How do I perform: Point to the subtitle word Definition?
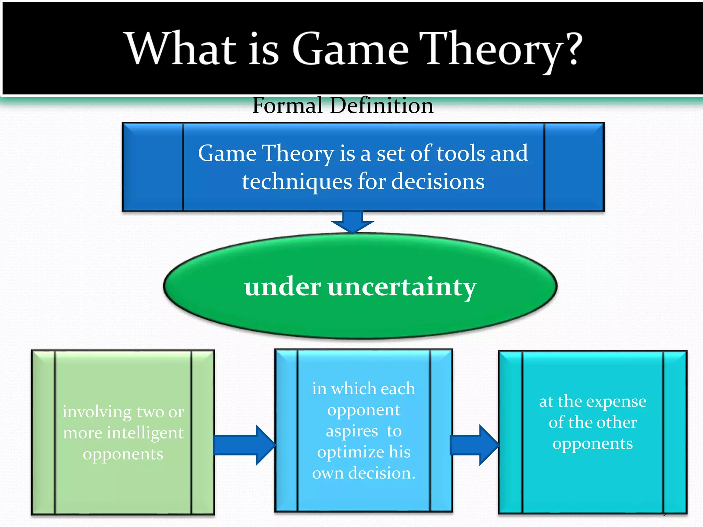[381, 105]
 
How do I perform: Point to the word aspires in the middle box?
[352, 431]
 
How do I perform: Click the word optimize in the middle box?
[350, 453]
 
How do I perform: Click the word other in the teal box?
[621, 422]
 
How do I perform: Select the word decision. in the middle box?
[382, 473]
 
